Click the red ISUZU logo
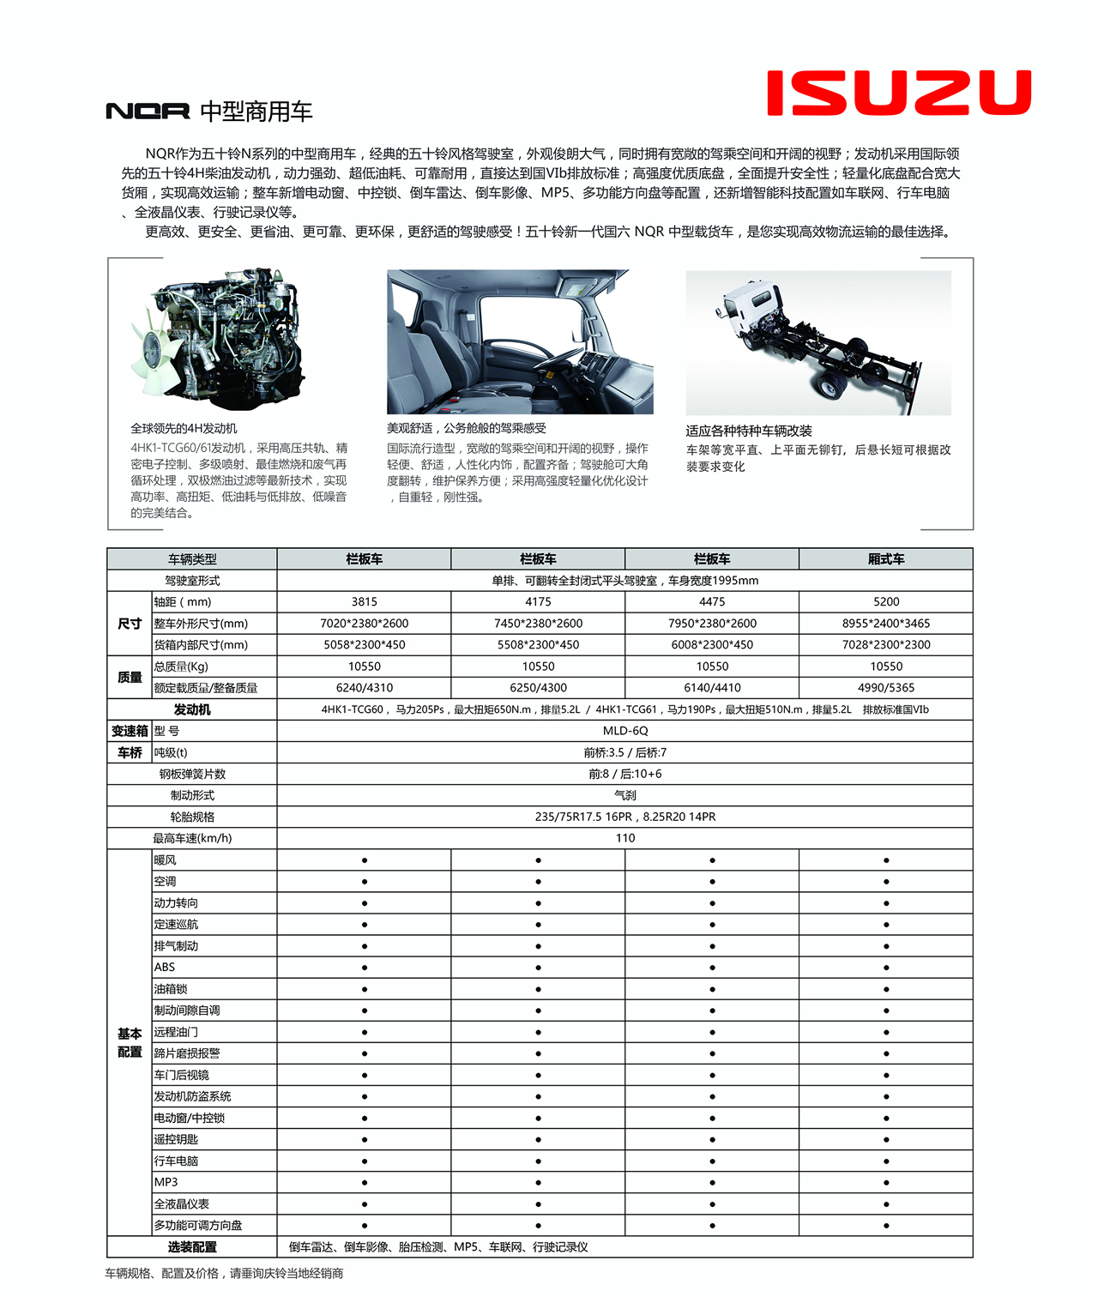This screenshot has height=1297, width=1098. [898, 93]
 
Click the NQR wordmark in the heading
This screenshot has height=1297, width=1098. [148, 112]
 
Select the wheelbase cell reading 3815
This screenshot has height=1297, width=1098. [364, 602]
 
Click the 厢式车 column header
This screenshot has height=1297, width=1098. [885, 559]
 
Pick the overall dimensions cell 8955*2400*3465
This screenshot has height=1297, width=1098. [885, 624]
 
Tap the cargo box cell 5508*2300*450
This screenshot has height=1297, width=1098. [538, 645]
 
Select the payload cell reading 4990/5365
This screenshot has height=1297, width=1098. [885, 688]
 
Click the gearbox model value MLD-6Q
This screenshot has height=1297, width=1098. [625, 731]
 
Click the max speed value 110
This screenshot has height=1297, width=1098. [625, 838]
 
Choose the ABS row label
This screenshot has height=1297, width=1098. [165, 967]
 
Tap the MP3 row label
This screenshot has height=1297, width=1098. [166, 1182]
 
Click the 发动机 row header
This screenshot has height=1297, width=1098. [192, 709]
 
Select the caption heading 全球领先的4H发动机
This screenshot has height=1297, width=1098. [184, 428]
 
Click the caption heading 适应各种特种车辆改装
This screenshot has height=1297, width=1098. [748, 431]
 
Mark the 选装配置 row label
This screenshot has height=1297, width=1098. [192, 1246]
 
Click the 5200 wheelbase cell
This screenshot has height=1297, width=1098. [885, 602]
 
